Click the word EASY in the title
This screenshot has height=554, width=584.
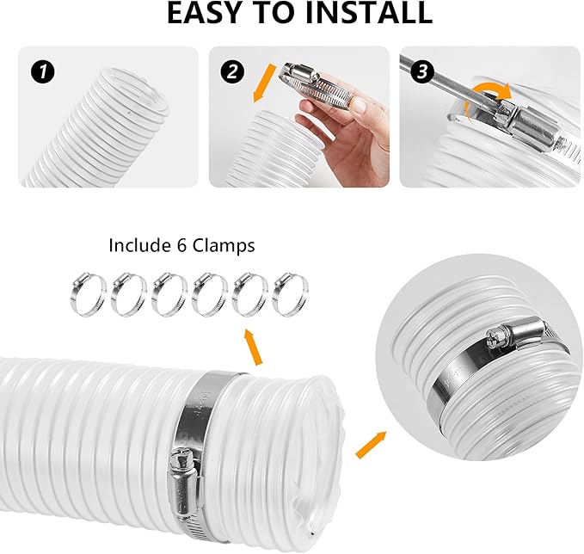click(x=206, y=14)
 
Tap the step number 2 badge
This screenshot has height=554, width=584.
click(x=230, y=71)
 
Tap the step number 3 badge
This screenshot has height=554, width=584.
click(x=421, y=71)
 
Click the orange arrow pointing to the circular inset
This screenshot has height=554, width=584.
click(x=371, y=444)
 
